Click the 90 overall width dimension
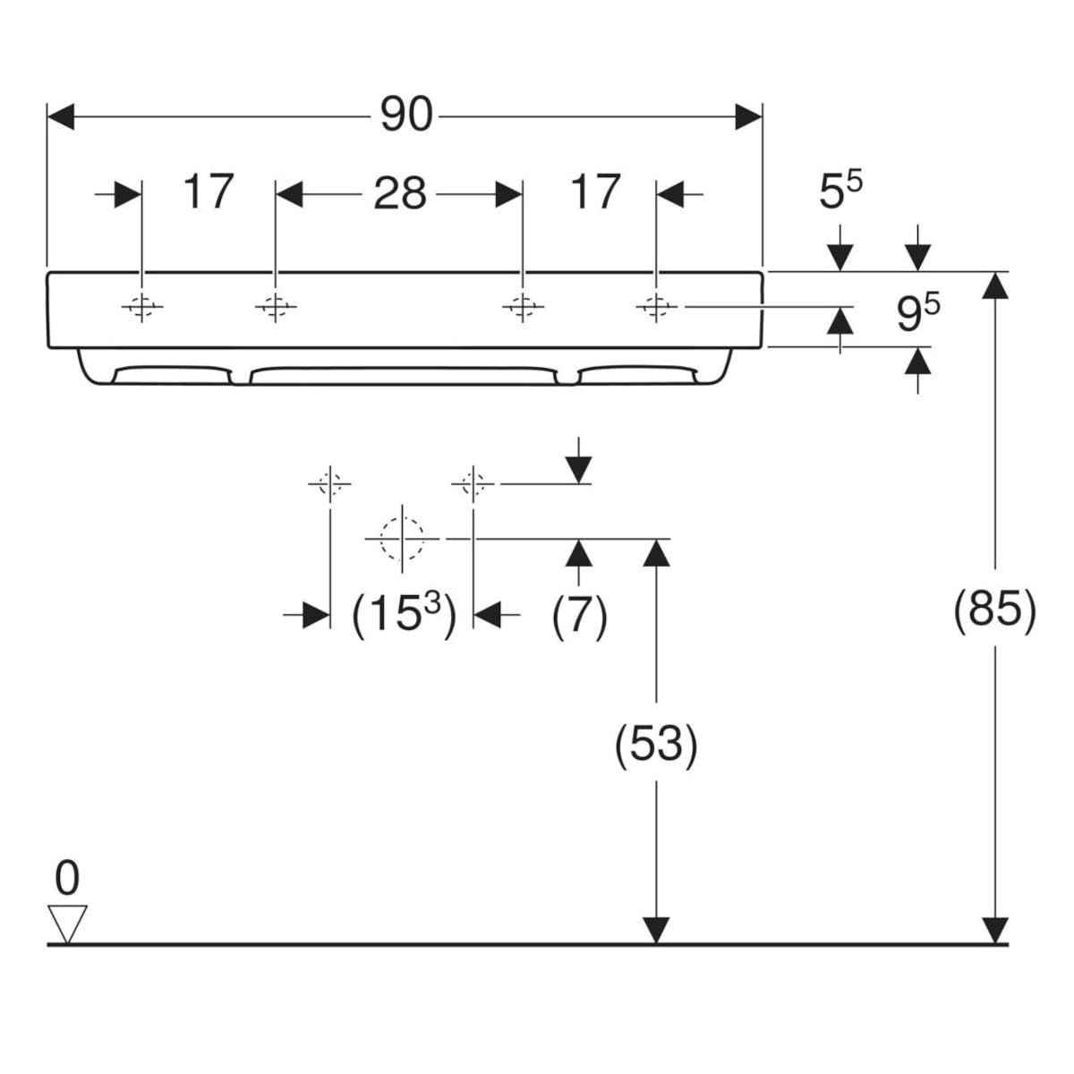click(x=406, y=115)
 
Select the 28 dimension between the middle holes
click(x=399, y=193)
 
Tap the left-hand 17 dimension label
click(x=208, y=192)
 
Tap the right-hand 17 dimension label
click(x=595, y=192)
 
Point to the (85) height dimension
click(x=995, y=611)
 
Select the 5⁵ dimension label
click(x=840, y=190)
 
